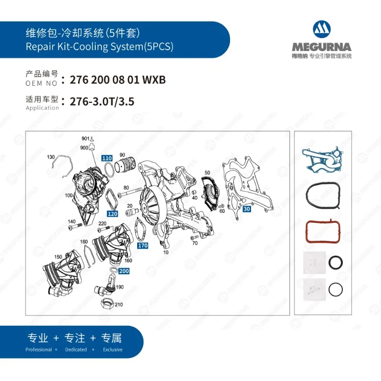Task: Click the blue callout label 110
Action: click(x=107, y=158)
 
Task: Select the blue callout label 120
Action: click(x=112, y=214)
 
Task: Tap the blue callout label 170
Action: click(x=142, y=246)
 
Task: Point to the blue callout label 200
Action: click(x=124, y=271)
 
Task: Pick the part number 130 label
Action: click(x=51, y=157)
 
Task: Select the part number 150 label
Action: click(x=58, y=257)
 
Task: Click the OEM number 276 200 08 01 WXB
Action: click(x=118, y=80)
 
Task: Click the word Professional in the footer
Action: click(x=39, y=350)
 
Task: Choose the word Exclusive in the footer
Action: click(x=112, y=350)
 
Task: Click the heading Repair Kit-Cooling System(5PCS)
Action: click(x=99, y=47)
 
